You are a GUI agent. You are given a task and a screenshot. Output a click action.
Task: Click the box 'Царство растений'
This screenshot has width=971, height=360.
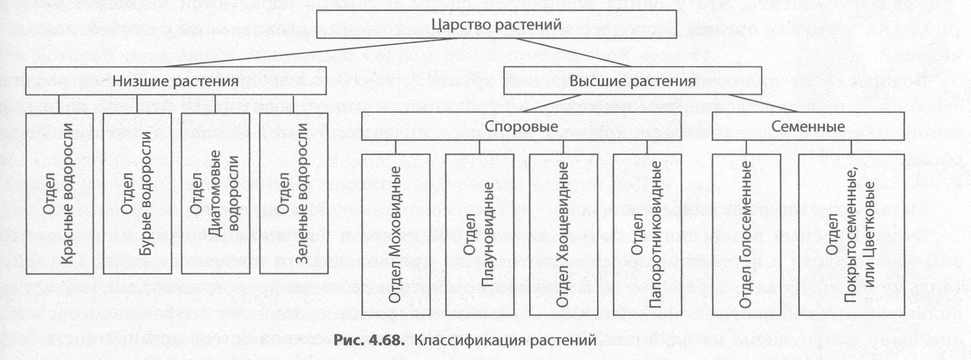coord(496,24)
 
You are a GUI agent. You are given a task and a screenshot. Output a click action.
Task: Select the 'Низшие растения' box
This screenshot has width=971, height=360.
coord(175,81)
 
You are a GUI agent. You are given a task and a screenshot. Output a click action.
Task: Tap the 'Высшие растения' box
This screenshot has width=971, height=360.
coord(632,81)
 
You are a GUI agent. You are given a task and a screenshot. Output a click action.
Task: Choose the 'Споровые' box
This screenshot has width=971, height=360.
coord(521,127)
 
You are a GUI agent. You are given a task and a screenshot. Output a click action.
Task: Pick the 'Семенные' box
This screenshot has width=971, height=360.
coord(808,127)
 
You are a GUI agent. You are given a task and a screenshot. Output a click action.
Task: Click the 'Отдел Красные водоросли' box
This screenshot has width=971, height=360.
coord(59,194)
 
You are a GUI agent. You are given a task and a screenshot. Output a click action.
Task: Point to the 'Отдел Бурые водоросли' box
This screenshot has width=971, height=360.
coord(137,194)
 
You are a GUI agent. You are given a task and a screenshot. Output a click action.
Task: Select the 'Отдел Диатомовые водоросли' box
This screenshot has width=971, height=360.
coord(215,194)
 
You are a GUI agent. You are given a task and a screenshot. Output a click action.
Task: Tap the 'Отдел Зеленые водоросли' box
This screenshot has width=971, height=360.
coord(293,194)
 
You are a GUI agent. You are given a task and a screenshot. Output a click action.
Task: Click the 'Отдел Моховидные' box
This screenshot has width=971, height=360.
coord(395,234)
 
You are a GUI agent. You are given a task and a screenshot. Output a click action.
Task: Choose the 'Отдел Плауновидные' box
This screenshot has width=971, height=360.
coord(479,234)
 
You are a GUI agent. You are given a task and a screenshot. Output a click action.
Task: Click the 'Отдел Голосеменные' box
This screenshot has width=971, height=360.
coord(746,234)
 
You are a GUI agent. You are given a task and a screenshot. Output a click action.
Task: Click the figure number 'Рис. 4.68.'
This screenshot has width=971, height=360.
coord(368,340)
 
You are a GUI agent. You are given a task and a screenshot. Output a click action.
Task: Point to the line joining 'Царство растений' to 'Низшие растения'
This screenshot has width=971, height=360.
coord(298,52)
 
